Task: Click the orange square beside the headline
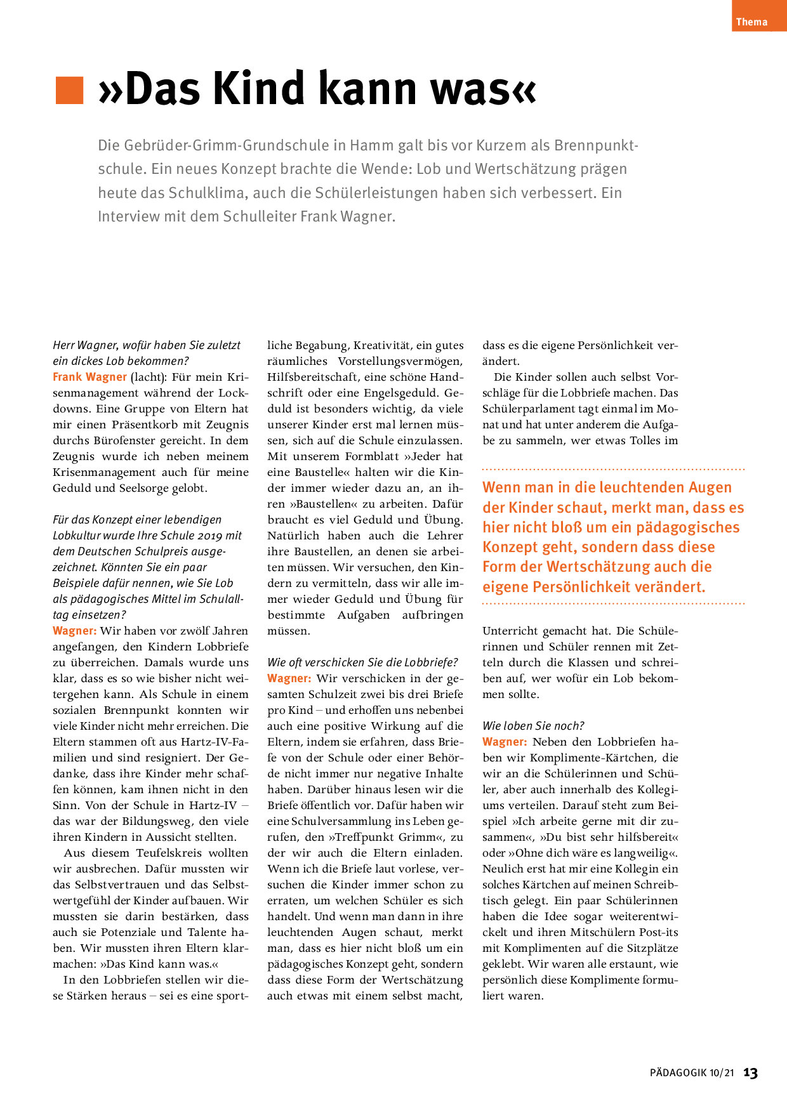70,90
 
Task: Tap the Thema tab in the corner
751,22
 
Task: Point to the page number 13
751,1073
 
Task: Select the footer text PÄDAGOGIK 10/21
691,1073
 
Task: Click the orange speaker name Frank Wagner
89,377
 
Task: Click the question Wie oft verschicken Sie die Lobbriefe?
362,662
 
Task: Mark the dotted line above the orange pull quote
613,470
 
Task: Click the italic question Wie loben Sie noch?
533,726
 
